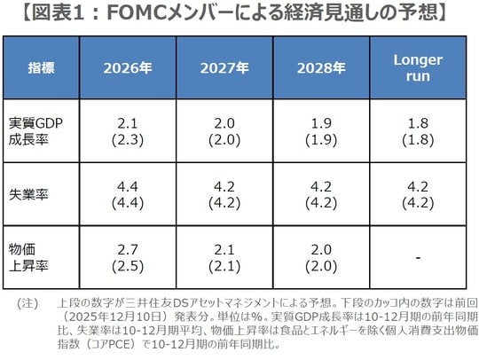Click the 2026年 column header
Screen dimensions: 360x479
127,67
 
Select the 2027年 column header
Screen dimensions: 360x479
223,67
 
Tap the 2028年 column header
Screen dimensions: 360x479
321,67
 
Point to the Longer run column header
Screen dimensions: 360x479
417,67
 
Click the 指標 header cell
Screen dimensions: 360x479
41,67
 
